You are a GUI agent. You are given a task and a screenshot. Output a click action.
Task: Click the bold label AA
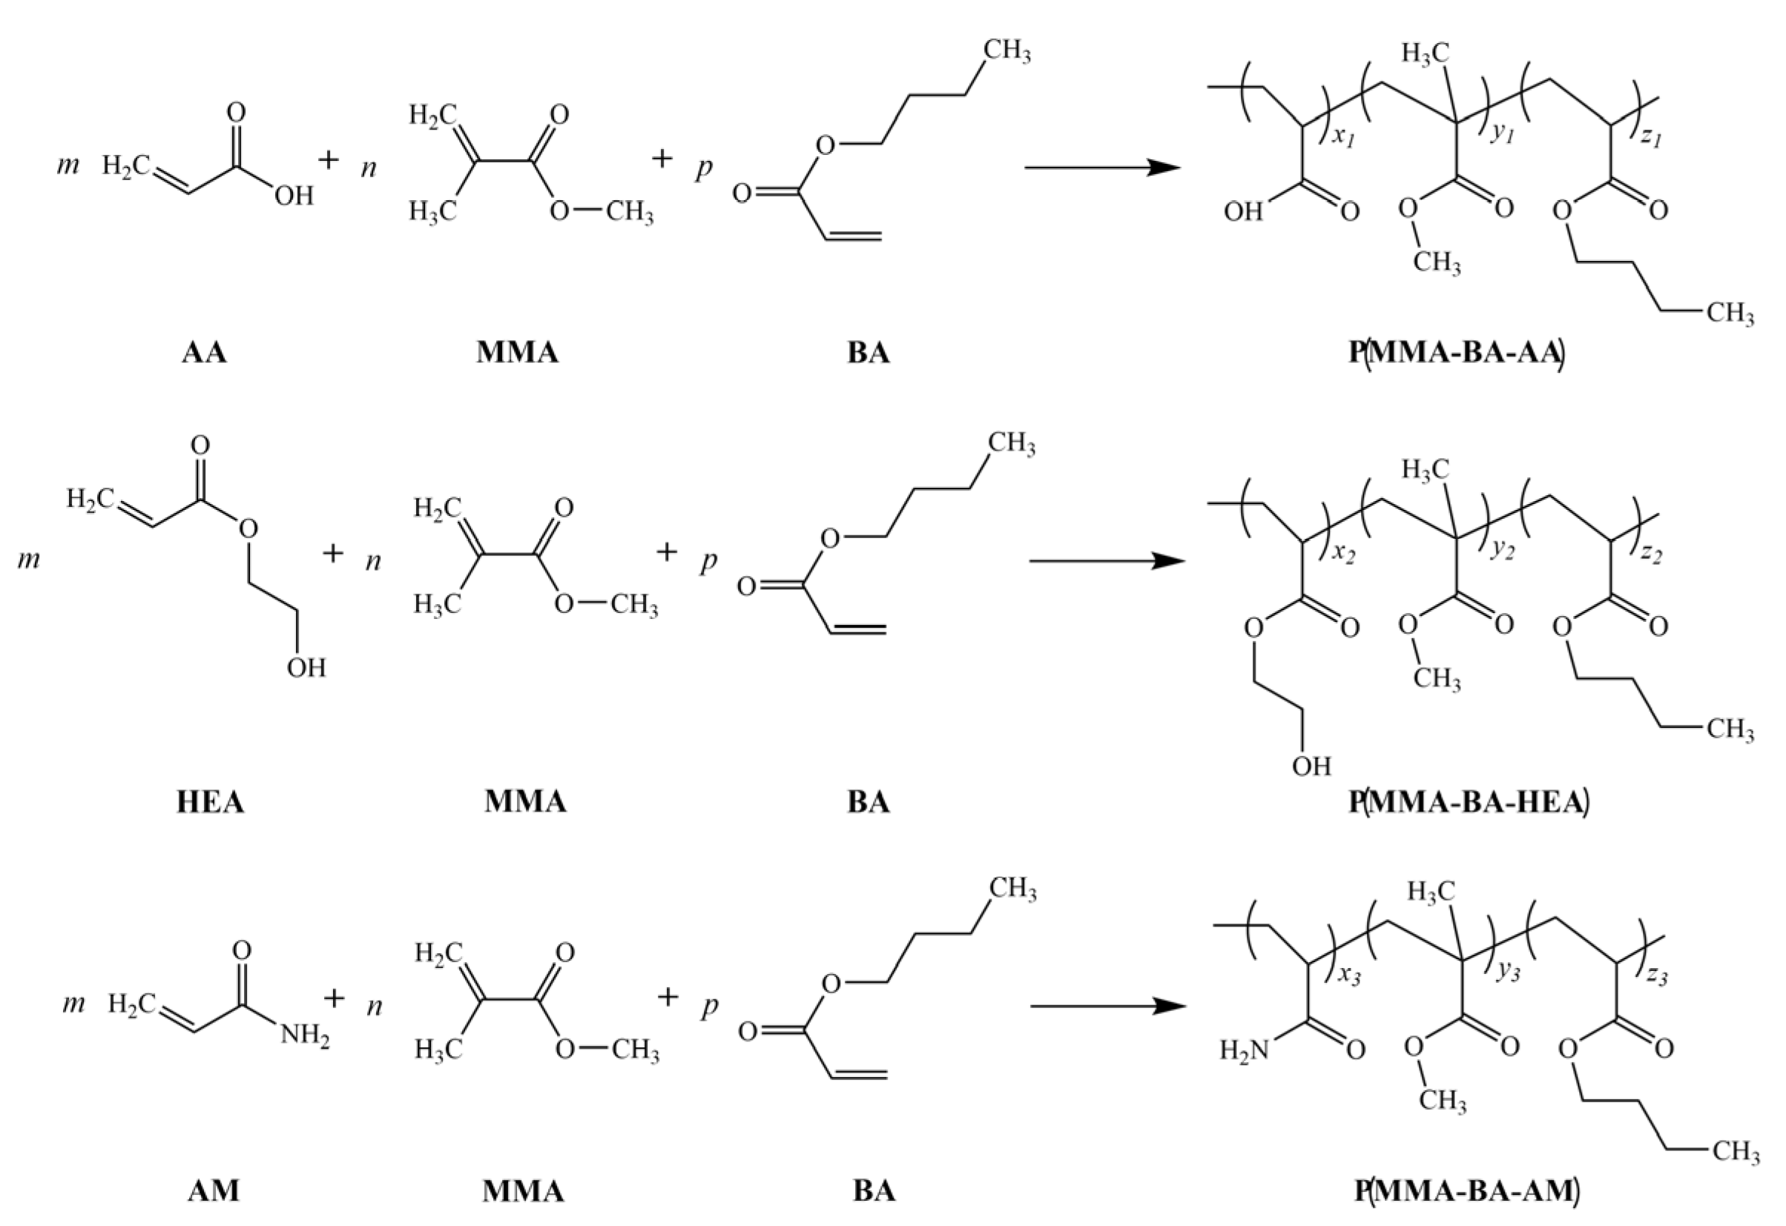point(205,353)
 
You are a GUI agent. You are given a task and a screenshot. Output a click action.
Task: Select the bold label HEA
point(210,802)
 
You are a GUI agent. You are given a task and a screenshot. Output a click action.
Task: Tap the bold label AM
point(214,1190)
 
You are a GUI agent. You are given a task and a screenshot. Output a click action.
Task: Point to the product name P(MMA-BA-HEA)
point(1469,802)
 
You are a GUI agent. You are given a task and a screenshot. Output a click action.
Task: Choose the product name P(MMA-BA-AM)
point(1467,1190)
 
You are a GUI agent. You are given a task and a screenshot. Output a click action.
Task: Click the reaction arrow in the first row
point(1102,168)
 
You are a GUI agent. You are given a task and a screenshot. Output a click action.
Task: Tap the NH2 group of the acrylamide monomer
point(304,1036)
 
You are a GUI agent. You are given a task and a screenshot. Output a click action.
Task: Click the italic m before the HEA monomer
point(28,559)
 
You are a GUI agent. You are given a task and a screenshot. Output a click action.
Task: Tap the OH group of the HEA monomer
point(306,668)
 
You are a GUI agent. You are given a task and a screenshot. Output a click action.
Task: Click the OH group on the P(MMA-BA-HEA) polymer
point(1311,766)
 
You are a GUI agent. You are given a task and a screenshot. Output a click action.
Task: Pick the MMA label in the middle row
point(525,802)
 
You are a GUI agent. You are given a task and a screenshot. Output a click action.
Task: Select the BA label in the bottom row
point(874,1190)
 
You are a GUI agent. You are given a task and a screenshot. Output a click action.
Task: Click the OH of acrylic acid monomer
point(294,196)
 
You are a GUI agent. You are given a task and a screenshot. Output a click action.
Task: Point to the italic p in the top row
point(703,167)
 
